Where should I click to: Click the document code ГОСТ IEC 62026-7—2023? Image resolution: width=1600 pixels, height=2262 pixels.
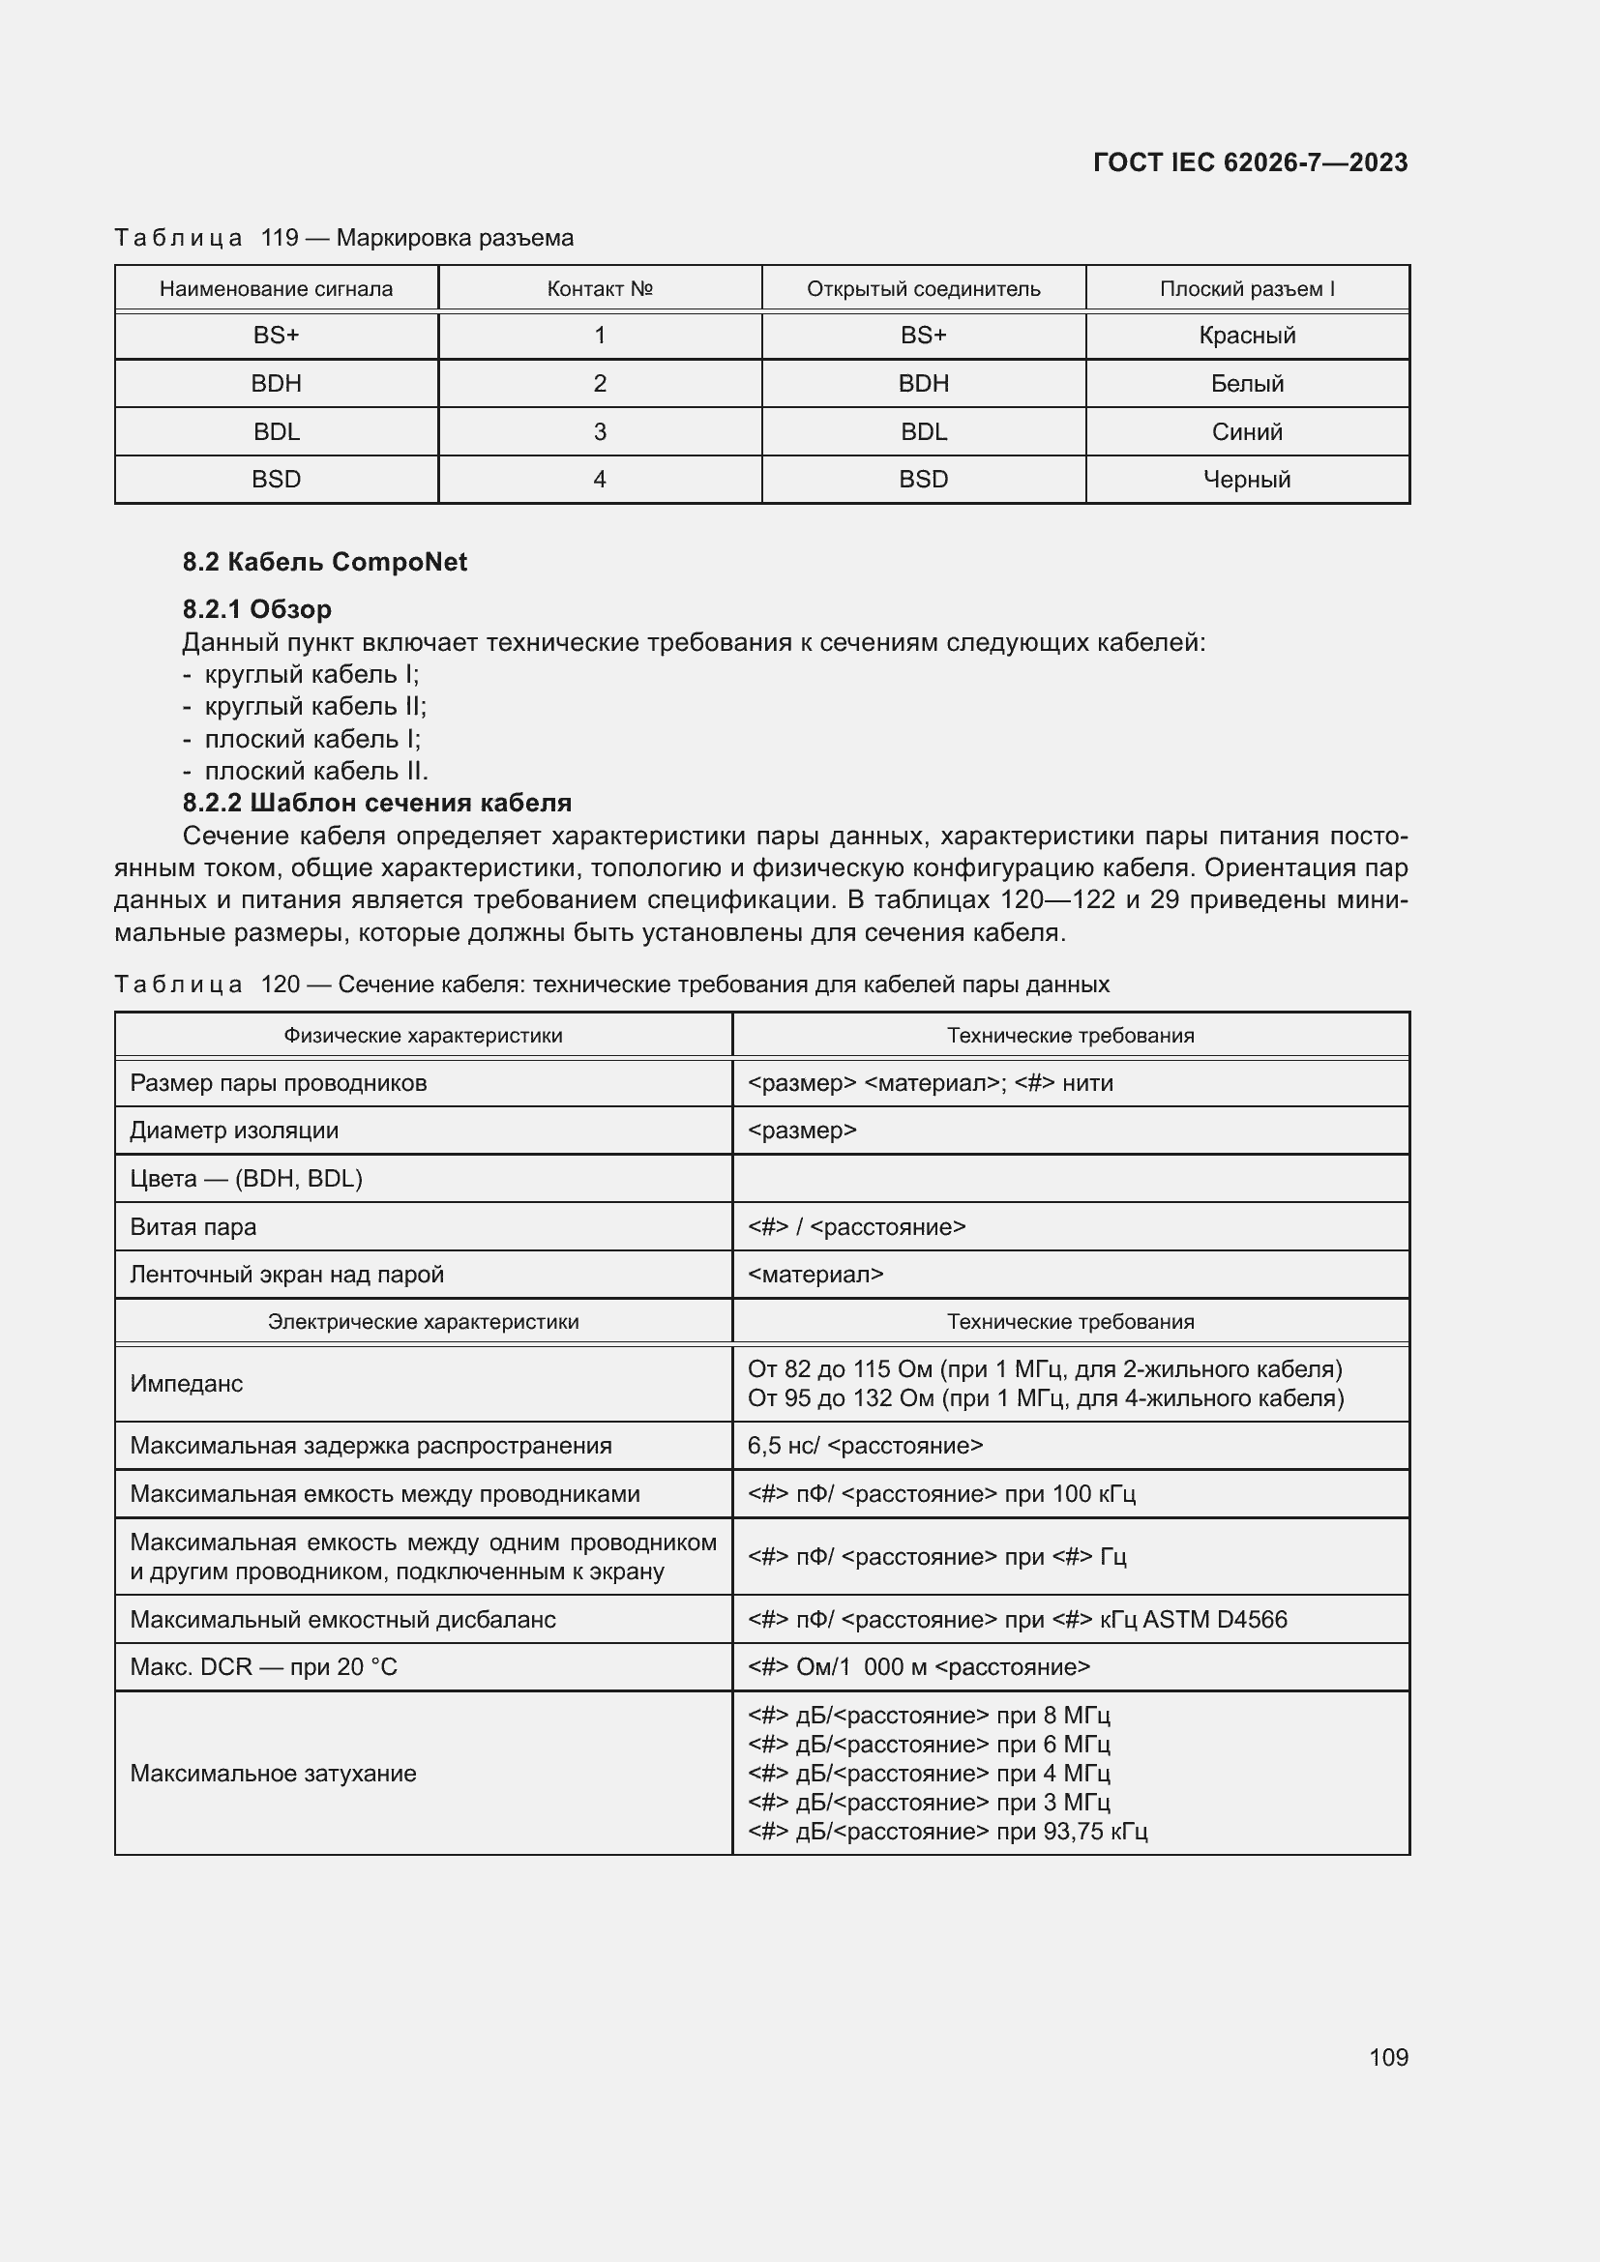[x=1249, y=162]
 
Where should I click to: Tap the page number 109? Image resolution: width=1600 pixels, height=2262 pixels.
[x=1388, y=2057]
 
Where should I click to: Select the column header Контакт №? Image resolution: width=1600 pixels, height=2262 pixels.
[x=599, y=288]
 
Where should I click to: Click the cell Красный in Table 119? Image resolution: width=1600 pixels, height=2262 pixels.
[x=1246, y=336]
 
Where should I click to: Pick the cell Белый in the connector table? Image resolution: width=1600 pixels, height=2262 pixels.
[x=1246, y=383]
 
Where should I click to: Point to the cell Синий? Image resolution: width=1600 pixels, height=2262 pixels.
[x=1246, y=431]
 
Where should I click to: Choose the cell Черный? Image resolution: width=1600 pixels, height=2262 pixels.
[x=1246, y=480]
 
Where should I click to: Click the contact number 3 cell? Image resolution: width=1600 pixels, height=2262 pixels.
[x=599, y=431]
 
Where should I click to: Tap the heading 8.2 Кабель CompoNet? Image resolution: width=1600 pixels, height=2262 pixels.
[x=324, y=562]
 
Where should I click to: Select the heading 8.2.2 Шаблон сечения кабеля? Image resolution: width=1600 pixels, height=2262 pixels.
[x=376, y=802]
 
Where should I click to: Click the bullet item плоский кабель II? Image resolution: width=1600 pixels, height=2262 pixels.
[x=315, y=771]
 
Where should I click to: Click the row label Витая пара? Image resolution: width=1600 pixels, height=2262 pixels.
[x=193, y=1226]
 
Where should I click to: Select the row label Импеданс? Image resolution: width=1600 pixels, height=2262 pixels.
[x=186, y=1383]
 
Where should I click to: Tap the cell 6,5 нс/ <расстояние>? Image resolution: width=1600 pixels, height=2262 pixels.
[x=865, y=1445]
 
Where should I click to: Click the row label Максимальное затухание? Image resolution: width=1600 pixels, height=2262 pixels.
[x=273, y=1774]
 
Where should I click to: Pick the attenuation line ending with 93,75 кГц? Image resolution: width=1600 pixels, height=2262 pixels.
[x=947, y=1831]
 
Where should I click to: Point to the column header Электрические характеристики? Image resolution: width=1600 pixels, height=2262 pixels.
[x=423, y=1321]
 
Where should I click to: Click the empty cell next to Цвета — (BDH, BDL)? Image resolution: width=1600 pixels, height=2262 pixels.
[x=1070, y=1178]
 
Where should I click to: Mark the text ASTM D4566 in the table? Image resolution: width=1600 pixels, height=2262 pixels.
[x=1214, y=1619]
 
